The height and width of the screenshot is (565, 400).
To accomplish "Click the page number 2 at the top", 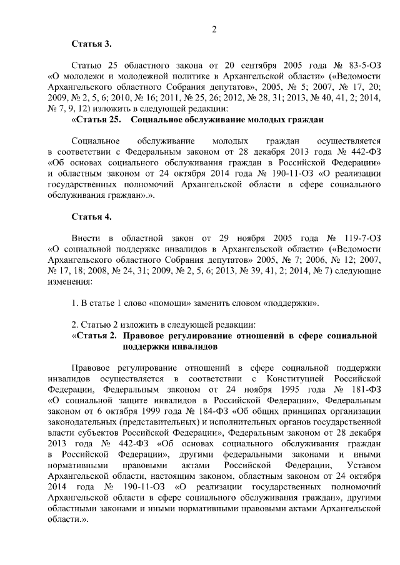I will pos(214,29).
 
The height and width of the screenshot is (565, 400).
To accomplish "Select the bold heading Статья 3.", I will pos(92,44).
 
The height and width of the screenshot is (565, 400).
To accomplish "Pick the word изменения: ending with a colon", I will pos(69,282).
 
